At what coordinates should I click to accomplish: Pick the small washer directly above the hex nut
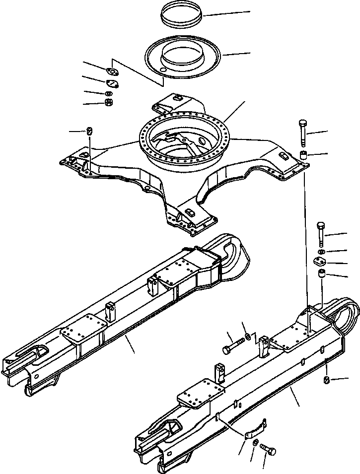click(x=108, y=94)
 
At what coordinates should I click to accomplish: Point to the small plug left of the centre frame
click(x=89, y=131)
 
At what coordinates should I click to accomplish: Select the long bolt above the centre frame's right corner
click(x=303, y=131)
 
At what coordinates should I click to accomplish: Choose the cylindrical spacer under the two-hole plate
click(x=322, y=274)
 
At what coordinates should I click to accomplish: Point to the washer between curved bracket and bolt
click(x=255, y=442)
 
